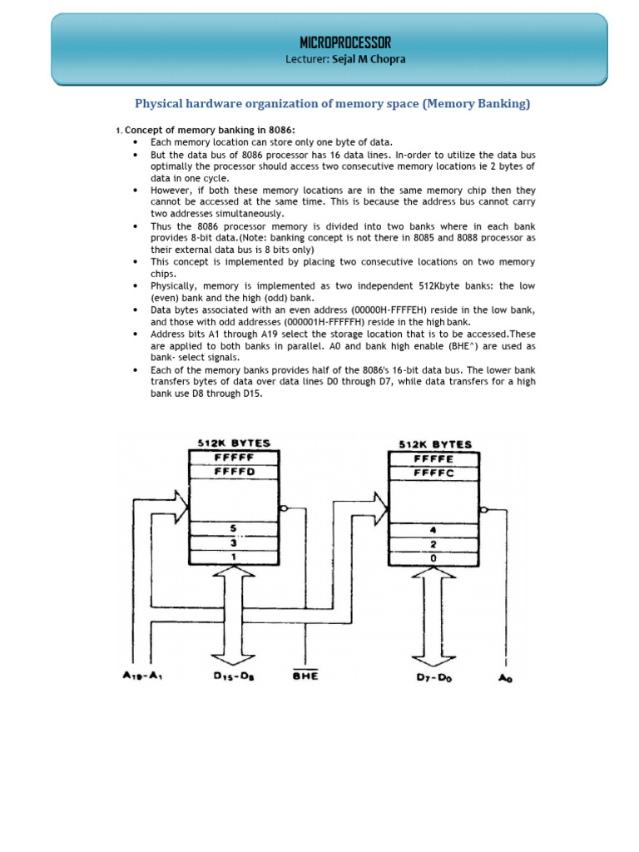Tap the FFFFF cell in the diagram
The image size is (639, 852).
tap(234, 458)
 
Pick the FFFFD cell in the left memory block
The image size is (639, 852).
tap(234, 472)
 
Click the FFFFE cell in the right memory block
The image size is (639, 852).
tap(433, 458)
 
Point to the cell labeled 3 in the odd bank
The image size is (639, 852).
tap(234, 542)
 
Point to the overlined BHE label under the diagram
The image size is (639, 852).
tap(305, 676)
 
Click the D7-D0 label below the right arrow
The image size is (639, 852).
tap(435, 677)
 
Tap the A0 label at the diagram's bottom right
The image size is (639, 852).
tap(505, 678)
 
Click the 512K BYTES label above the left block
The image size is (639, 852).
tap(234, 443)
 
